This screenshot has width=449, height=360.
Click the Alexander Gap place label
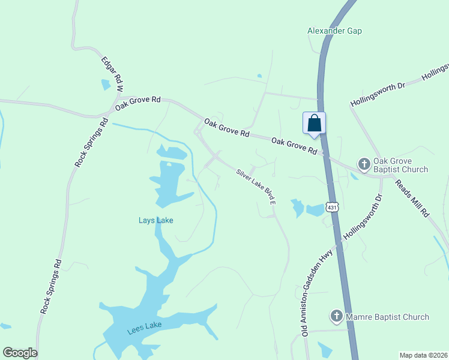point(334,31)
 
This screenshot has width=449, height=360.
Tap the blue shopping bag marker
point(314,124)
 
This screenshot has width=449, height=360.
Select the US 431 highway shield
point(333,207)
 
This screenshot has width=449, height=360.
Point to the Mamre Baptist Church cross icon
point(336,316)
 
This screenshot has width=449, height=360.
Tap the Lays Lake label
point(155,220)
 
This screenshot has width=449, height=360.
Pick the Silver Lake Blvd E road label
point(256,187)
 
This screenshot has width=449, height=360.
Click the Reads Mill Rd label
point(412,197)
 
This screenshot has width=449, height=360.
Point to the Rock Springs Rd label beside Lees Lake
point(50,287)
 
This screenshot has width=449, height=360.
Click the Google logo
point(20,353)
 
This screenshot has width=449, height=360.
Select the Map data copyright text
point(423,355)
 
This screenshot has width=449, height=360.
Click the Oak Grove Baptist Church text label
point(401,165)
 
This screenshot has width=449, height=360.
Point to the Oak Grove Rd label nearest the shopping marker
point(294,146)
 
